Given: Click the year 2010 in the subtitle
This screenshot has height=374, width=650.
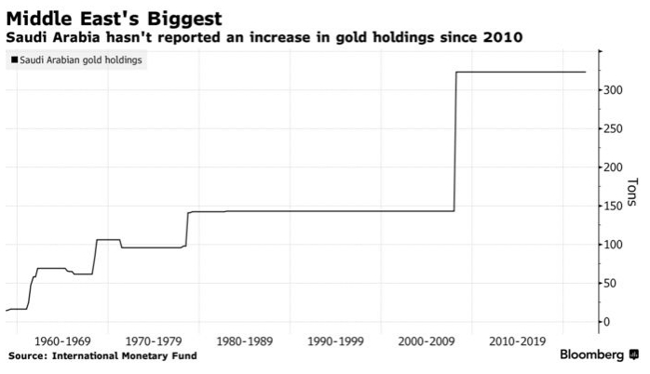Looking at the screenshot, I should click(x=502, y=38).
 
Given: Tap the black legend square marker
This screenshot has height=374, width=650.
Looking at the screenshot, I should click(x=12, y=60).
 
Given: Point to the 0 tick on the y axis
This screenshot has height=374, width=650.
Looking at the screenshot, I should click(x=606, y=322).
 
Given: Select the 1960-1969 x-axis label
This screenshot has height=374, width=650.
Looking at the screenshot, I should click(x=65, y=341).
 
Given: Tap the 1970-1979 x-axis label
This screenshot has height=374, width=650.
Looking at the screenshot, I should click(x=154, y=341).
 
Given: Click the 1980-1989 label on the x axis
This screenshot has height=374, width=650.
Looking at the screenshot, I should click(x=243, y=341).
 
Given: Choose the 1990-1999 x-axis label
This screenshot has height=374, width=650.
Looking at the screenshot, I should click(x=332, y=341).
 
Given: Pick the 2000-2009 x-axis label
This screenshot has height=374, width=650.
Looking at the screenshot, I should click(x=422, y=341).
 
